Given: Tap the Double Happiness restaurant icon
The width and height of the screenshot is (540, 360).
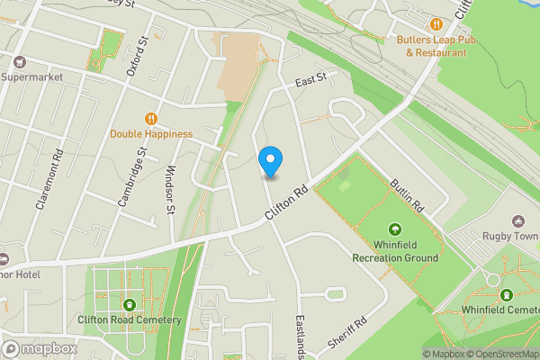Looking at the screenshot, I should (151, 117).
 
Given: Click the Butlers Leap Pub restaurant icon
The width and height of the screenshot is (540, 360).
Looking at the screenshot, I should (436, 24).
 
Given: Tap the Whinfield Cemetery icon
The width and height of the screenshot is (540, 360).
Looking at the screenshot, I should (506, 294).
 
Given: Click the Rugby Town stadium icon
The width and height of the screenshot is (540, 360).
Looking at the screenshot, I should (518, 221).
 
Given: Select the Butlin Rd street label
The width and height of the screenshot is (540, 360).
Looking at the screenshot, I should (407, 194).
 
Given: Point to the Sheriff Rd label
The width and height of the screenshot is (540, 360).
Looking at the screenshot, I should (347, 334).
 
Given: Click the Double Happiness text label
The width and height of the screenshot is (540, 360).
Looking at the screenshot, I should (151, 134).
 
